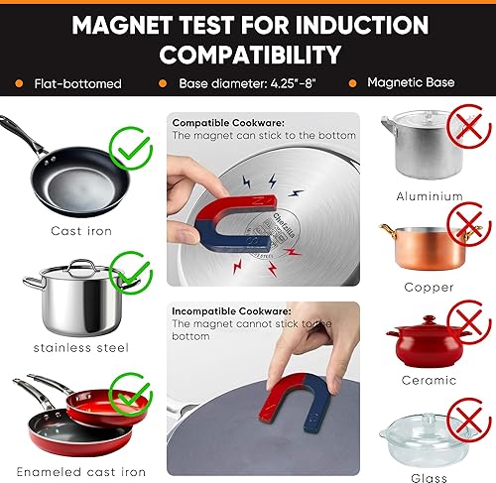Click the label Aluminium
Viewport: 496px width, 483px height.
coord(430,196)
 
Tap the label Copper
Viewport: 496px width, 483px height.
coord(430,288)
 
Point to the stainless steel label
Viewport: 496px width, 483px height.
coord(74,348)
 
